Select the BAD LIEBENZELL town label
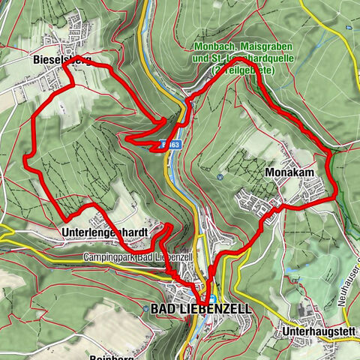[x=202, y=308]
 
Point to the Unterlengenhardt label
[x=106, y=232]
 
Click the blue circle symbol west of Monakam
[x=219, y=177]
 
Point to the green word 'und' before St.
[x=201, y=58]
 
